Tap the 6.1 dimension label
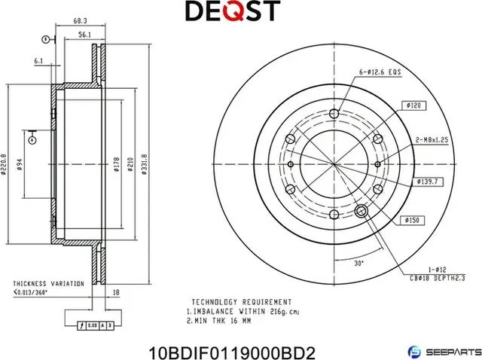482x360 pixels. click(38, 62)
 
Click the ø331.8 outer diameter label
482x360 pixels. click(144, 164)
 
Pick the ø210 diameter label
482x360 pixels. click(130, 165)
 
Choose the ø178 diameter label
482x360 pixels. click(117, 165)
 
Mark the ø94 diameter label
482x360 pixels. click(19, 165)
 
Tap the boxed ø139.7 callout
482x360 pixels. click(427, 182)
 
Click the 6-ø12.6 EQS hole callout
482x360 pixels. click(380, 72)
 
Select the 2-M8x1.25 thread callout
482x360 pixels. click(432, 140)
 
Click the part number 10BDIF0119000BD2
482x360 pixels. click(233, 350)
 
